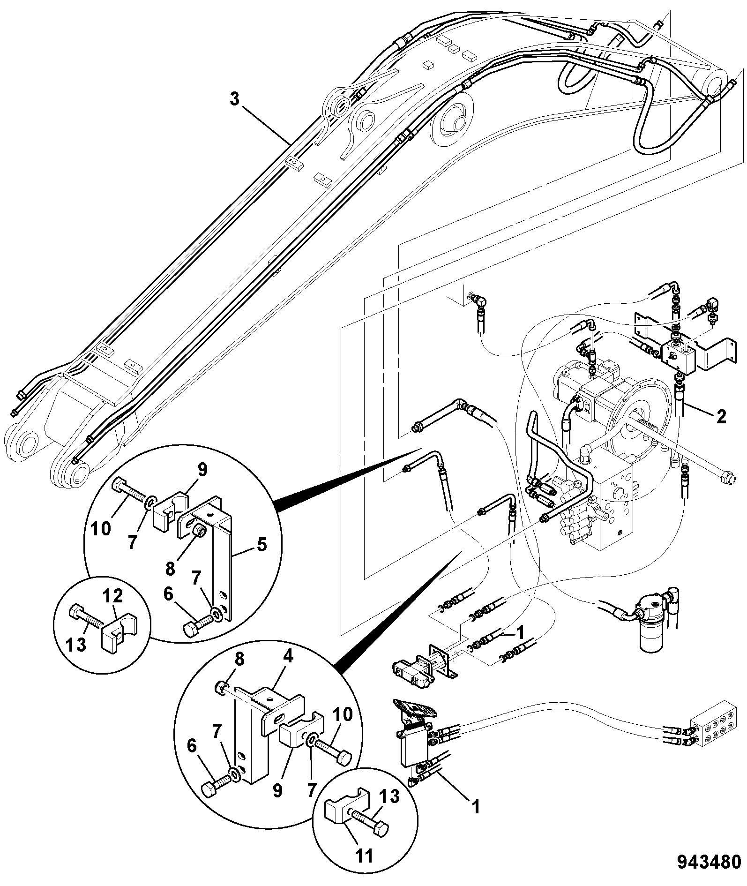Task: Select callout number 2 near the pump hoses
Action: [x=722, y=416]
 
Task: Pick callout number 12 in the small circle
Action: [x=113, y=596]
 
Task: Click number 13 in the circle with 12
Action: [x=76, y=645]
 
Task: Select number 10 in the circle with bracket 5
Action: [x=100, y=529]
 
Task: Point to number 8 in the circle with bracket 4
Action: [x=239, y=659]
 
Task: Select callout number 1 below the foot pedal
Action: [x=476, y=807]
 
